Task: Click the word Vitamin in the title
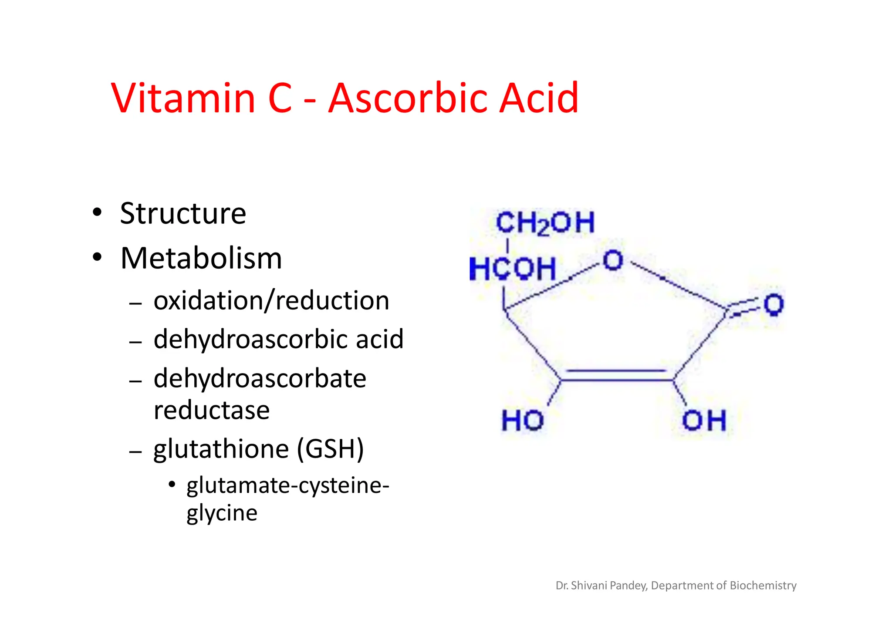pos(183,98)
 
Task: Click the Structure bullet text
pos(183,214)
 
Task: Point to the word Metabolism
pos(201,259)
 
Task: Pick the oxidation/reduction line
pos(271,301)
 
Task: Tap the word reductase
pos(212,410)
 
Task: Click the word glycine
pos(222,513)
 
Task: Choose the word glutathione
pos(221,449)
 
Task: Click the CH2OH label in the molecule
pos(545,223)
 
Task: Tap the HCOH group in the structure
pos(513,269)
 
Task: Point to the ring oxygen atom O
pos(613,260)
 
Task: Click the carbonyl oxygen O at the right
pos(774,304)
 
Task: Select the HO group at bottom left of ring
pos(523,421)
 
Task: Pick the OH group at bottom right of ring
pos(704,421)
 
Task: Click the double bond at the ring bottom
pos(616,376)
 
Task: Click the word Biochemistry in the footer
pos(763,586)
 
